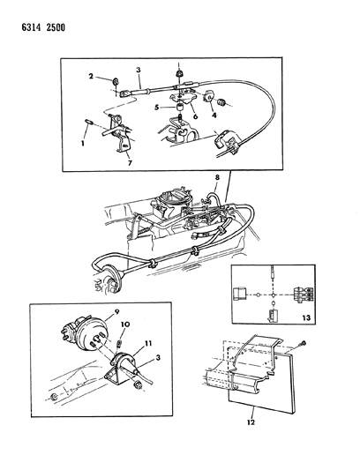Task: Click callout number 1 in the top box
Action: pos(84,142)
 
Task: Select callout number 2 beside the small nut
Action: pos(90,77)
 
